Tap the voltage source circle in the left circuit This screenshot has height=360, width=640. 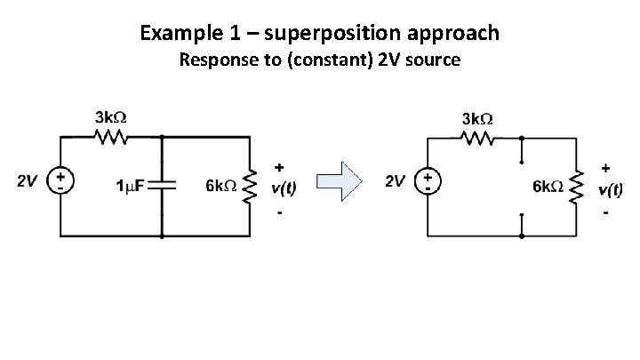tap(61, 181)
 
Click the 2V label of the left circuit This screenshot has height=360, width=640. tap(28, 181)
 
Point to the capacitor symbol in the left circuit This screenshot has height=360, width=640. tap(163, 184)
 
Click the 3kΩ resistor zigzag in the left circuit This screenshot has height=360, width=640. tap(110, 138)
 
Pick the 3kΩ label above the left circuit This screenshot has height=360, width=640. tap(110, 118)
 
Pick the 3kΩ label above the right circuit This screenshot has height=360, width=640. tap(477, 118)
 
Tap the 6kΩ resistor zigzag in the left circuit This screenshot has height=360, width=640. tap(250, 185)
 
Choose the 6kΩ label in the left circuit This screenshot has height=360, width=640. tap(220, 186)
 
